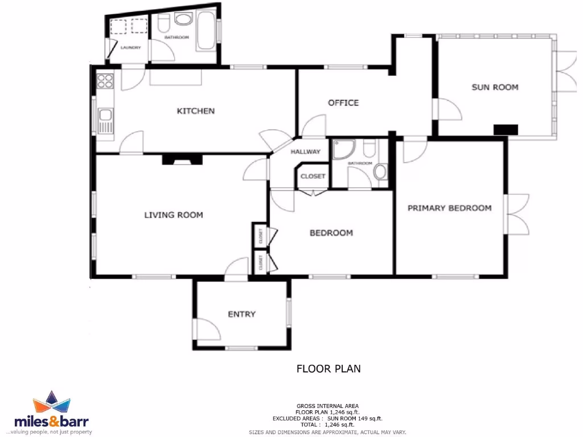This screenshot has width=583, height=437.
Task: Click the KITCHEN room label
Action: [x=196, y=110]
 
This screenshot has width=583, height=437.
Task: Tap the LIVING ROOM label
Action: [x=173, y=215]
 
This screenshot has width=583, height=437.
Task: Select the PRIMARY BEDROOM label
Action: [x=449, y=208]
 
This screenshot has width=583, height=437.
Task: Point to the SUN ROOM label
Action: [x=495, y=87]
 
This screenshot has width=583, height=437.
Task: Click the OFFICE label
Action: [x=343, y=102]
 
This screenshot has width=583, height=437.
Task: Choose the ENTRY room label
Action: [x=241, y=314]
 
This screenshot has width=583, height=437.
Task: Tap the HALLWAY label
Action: [x=306, y=152]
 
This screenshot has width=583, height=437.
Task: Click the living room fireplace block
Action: [x=182, y=159]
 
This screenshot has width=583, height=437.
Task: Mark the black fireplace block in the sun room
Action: [x=506, y=129]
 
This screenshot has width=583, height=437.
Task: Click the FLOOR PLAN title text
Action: [x=329, y=369]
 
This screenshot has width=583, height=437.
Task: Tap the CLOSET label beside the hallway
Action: [x=313, y=176]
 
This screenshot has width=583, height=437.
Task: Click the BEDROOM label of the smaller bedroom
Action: [x=331, y=233]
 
